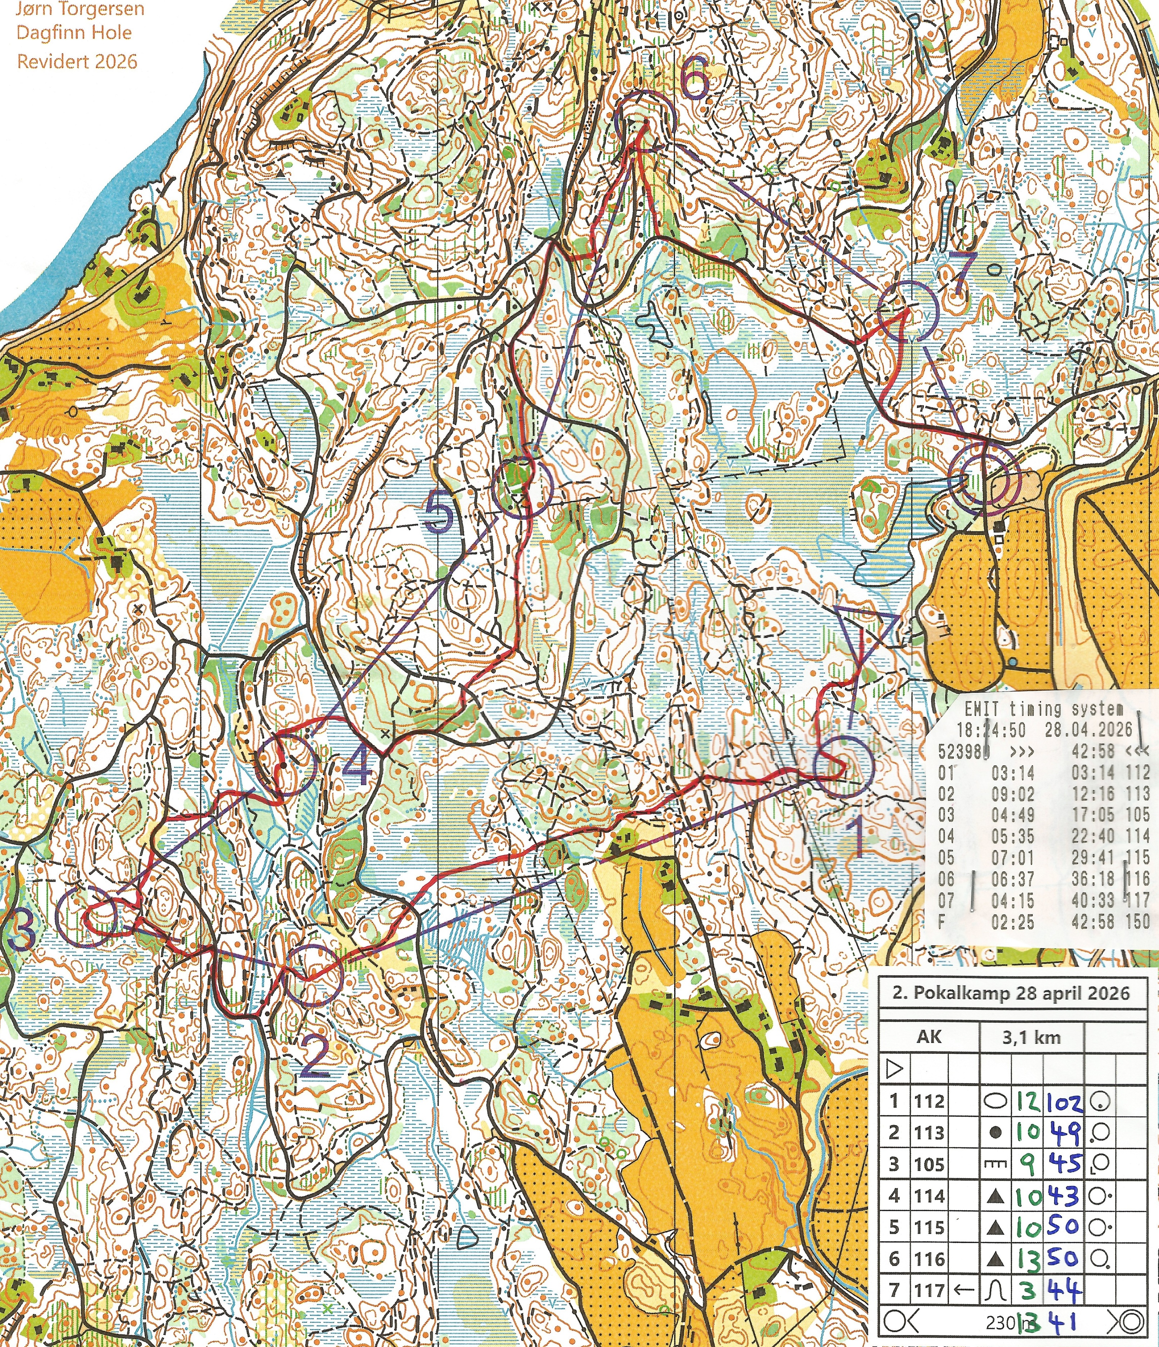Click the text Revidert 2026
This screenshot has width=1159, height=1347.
pos(77,62)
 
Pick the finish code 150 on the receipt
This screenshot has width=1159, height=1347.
pos(1137,921)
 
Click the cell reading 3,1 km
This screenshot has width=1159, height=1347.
pos(1031,1037)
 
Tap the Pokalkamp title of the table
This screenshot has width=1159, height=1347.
pos(1011,993)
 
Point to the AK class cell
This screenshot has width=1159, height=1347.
pos(929,1036)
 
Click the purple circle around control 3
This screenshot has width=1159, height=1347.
pos(86,916)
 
